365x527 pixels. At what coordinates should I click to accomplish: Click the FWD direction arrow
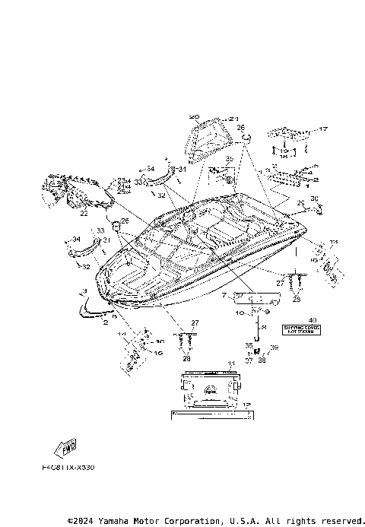pos(63,446)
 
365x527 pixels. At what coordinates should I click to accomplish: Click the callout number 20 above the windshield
pos(194,117)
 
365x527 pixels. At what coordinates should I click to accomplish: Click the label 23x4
pos(123,180)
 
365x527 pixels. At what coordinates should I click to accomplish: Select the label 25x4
pos(123,192)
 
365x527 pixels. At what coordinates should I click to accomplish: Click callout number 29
pos(300,202)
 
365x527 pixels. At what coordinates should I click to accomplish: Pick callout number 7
pos(225,294)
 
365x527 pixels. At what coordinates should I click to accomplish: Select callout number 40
pos(310,321)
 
